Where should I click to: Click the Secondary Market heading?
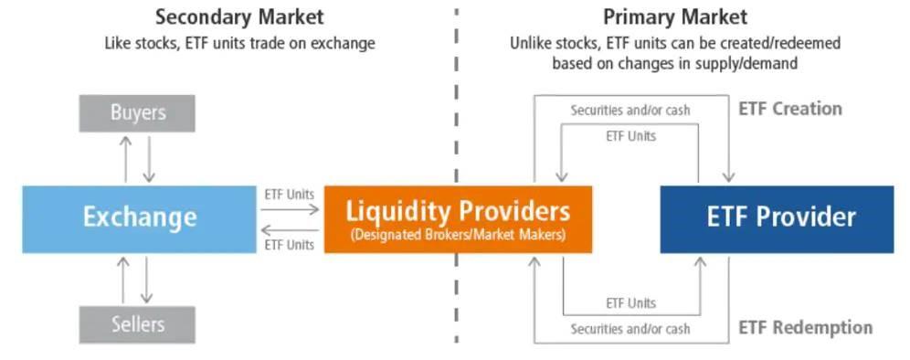(x=239, y=16)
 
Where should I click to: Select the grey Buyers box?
(x=137, y=113)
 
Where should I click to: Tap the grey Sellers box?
(x=137, y=324)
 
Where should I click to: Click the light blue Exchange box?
(x=139, y=217)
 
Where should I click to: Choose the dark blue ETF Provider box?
(x=777, y=217)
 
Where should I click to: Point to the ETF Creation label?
(x=789, y=109)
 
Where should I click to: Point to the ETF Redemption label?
(x=805, y=327)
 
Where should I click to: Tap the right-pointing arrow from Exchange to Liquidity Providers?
(x=290, y=209)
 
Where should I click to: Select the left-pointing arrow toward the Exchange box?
(x=290, y=229)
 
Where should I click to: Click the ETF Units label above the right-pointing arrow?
(x=290, y=194)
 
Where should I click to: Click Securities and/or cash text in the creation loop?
(x=630, y=111)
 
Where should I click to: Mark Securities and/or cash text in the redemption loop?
(x=630, y=328)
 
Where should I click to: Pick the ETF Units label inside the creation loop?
(x=630, y=136)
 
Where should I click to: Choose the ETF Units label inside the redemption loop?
(x=630, y=303)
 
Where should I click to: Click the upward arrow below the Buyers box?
(x=126, y=158)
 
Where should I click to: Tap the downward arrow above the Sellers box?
(x=146, y=280)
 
